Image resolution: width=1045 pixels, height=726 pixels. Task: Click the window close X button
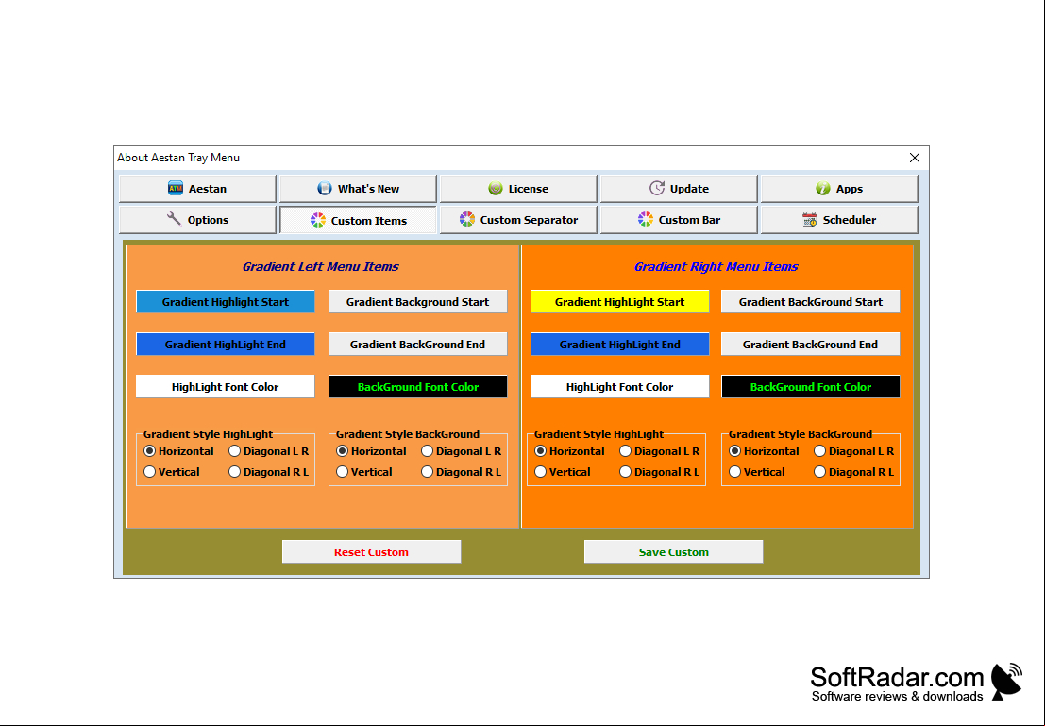(x=915, y=158)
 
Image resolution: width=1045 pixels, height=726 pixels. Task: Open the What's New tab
(x=358, y=189)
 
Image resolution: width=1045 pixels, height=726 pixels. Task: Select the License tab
(x=518, y=189)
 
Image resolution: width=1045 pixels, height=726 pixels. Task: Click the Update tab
(x=679, y=189)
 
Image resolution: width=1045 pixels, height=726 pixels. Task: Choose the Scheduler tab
(x=839, y=220)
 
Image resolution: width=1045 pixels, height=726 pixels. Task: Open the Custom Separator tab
(x=518, y=220)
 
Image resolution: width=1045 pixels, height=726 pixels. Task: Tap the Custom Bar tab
(x=679, y=220)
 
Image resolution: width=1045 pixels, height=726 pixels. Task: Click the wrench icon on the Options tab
(x=174, y=219)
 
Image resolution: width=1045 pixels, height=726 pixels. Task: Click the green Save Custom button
(x=674, y=552)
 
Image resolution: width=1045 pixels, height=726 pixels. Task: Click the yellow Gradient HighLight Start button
(x=620, y=302)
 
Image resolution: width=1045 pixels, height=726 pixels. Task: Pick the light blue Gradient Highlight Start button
(x=226, y=302)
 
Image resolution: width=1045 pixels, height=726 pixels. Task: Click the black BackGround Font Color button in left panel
(x=418, y=387)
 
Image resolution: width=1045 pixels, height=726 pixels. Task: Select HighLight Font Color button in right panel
(x=620, y=387)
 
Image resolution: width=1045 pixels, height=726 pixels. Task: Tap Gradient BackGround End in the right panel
(x=810, y=345)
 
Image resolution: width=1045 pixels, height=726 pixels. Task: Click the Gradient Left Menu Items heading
(x=321, y=266)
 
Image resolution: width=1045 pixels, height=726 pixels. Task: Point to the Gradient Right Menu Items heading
(x=716, y=266)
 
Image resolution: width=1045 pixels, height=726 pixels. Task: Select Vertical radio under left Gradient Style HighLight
(x=150, y=472)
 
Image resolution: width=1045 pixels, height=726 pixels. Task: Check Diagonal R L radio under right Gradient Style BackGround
(x=819, y=472)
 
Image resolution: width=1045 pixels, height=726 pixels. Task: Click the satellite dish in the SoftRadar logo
(x=1006, y=681)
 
